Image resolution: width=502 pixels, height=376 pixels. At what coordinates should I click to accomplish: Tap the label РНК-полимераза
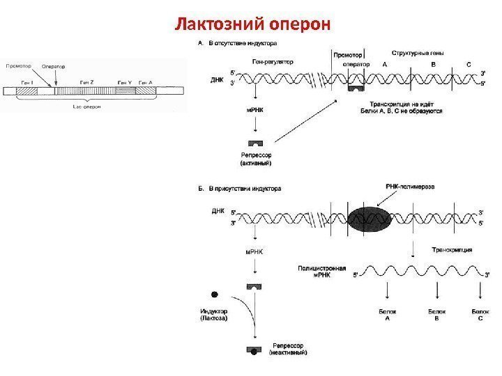pos(411,187)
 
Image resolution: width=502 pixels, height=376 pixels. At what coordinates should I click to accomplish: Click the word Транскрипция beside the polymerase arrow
pos(453,249)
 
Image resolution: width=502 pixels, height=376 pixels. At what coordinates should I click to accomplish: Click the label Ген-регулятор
pos(273,61)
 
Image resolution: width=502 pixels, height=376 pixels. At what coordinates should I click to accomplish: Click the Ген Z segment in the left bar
pos(87,91)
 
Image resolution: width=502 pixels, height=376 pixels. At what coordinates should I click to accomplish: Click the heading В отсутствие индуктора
pos(243,42)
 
